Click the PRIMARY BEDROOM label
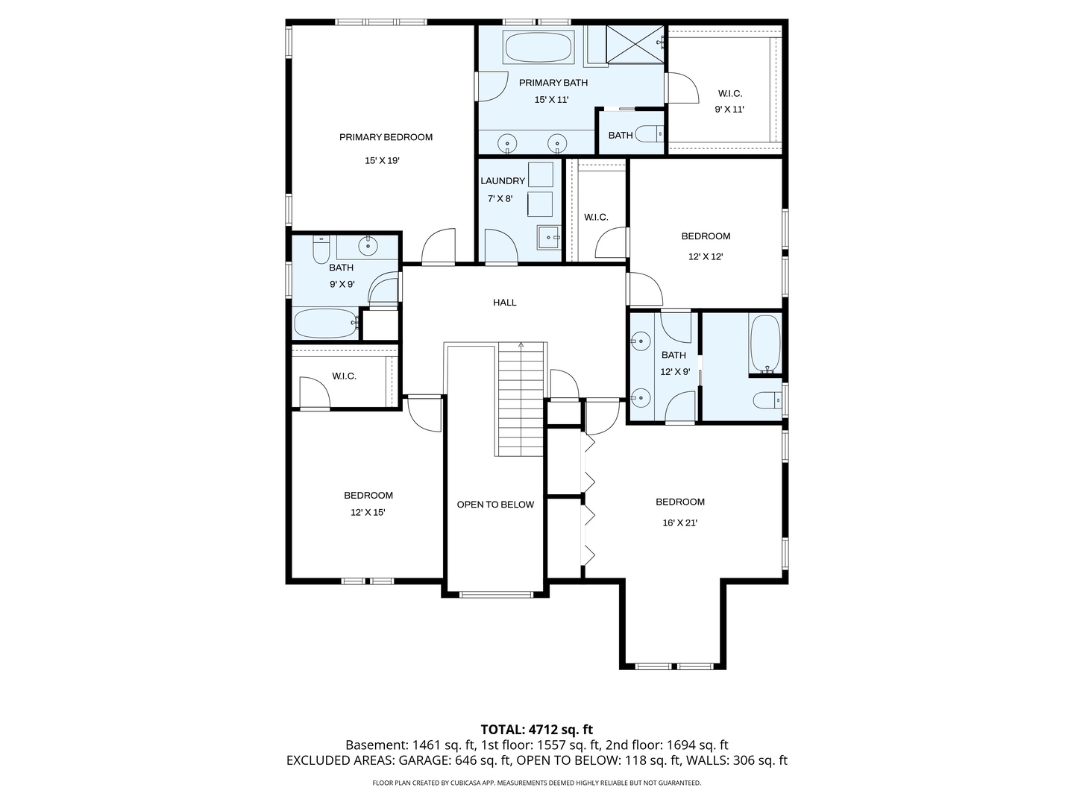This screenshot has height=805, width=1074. click(386, 137)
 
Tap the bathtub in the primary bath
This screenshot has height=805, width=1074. click(538, 47)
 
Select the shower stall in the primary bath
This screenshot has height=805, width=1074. click(634, 44)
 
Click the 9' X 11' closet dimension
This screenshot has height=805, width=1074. click(729, 110)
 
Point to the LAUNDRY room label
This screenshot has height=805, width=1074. click(503, 181)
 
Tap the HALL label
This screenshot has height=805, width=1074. click(505, 303)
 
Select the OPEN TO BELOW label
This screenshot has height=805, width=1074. click(495, 505)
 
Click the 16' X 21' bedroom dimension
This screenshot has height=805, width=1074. click(679, 523)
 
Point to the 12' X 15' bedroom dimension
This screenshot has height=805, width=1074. click(368, 513)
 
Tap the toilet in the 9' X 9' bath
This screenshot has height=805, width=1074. click(321, 250)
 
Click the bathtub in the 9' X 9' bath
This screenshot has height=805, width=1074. click(325, 323)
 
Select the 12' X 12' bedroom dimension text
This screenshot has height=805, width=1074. click(706, 256)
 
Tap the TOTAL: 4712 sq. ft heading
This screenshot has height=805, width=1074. click(536, 730)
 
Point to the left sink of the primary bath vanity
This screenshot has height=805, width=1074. click(508, 142)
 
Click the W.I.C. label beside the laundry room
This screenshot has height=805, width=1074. click(596, 218)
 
